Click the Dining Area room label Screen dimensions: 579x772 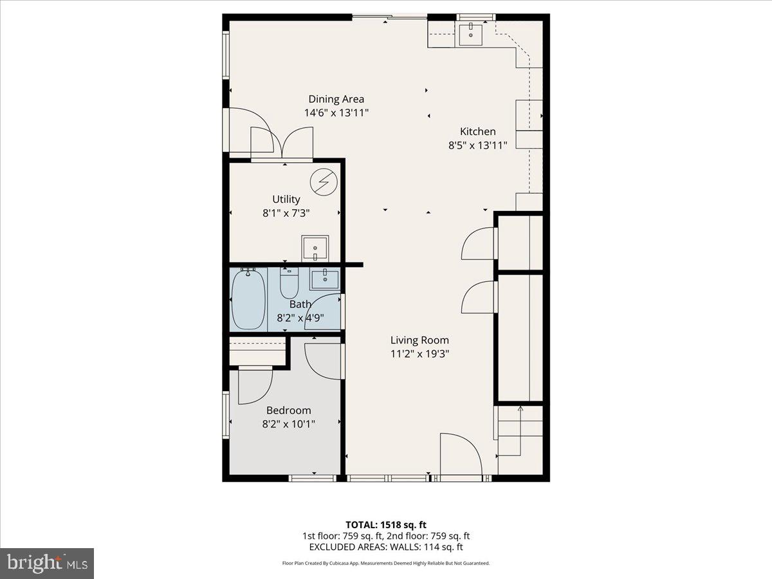pos(336,99)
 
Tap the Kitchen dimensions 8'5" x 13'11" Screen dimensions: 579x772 pos(477,145)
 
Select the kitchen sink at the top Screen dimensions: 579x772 pos(473,33)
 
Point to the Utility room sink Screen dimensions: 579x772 pos(315,248)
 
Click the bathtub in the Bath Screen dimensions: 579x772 pos(248,300)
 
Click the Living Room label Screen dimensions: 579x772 pos(419,340)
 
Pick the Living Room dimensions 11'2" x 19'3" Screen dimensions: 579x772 pos(419,353)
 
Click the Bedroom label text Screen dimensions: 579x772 pos(289,410)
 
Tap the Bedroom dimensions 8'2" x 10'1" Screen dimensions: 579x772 pos(289,423)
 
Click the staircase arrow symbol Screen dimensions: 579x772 pos(520,409)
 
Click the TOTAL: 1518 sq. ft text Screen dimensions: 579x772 pos(385,524)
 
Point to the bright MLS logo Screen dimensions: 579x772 pos(47,563)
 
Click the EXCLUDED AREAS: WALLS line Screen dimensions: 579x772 pos(386,547)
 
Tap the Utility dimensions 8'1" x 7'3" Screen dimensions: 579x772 pos(286,212)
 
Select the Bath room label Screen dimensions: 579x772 pos(300,304)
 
